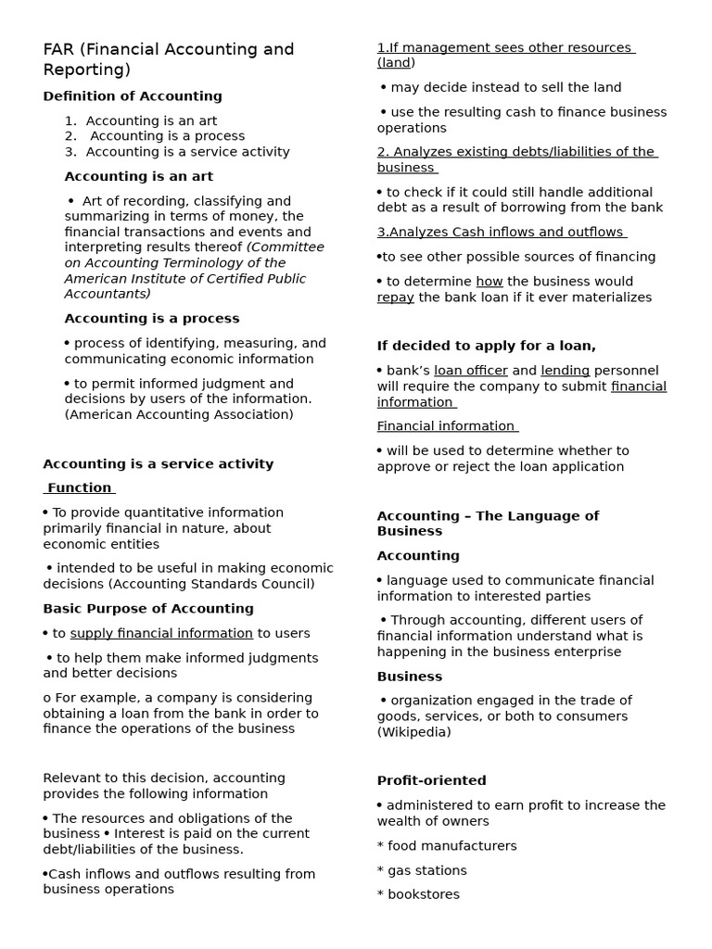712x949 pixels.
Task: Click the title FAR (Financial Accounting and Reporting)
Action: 168,59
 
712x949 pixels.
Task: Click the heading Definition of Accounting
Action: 133,96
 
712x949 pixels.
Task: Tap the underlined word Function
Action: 80,488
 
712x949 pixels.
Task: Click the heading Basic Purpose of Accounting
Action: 148,609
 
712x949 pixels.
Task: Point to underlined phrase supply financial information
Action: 161,634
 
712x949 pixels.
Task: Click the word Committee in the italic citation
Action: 287,247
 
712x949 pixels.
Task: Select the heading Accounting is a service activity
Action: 159,464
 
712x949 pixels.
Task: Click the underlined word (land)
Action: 396,63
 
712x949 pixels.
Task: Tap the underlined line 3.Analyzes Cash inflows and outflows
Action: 502,233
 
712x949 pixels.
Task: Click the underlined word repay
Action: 396,297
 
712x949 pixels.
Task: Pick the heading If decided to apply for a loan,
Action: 487,346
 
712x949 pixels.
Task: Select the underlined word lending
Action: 566,371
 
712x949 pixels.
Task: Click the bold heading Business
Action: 410,677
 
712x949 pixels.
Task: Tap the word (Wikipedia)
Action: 414,732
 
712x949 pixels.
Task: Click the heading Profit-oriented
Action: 431,781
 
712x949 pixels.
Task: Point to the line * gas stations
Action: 422,870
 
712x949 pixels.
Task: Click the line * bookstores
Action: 418,894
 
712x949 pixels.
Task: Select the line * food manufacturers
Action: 447,846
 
